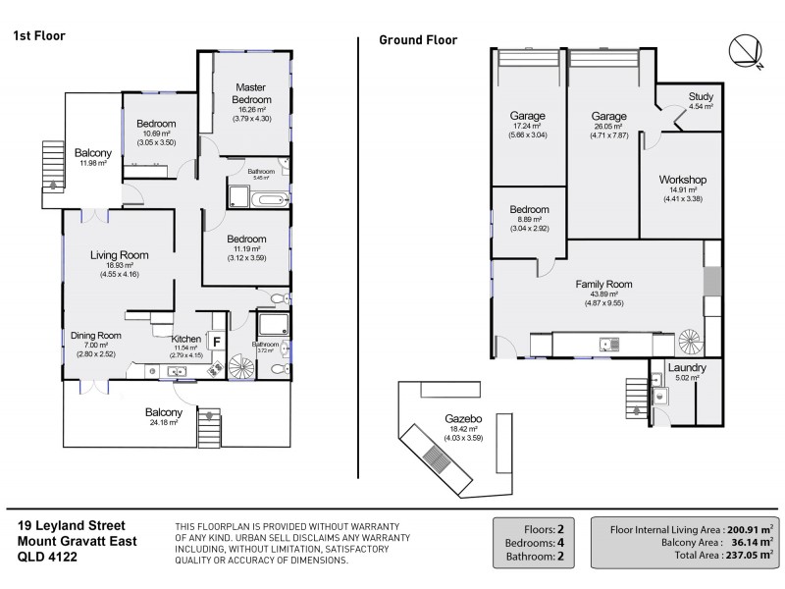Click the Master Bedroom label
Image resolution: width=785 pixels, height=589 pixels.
[x=251, y=93]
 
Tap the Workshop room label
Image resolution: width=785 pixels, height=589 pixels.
[x=683, y=180]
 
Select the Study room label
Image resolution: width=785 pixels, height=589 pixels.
[x=700, y=96]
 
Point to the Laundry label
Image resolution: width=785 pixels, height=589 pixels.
[x=687, y=367]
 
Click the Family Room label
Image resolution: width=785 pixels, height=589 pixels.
[x=603, y=284]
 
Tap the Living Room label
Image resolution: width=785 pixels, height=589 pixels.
[x=119, y=255]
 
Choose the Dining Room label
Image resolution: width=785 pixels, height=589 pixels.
[x=95, y=335]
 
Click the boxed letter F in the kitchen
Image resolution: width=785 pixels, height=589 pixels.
[x=217, y=343]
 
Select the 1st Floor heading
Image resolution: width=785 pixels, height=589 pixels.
[x=38, y=35]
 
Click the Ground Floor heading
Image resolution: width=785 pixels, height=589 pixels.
[x=418, y=40]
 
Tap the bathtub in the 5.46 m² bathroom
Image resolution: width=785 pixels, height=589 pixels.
[x=269, y=199]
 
